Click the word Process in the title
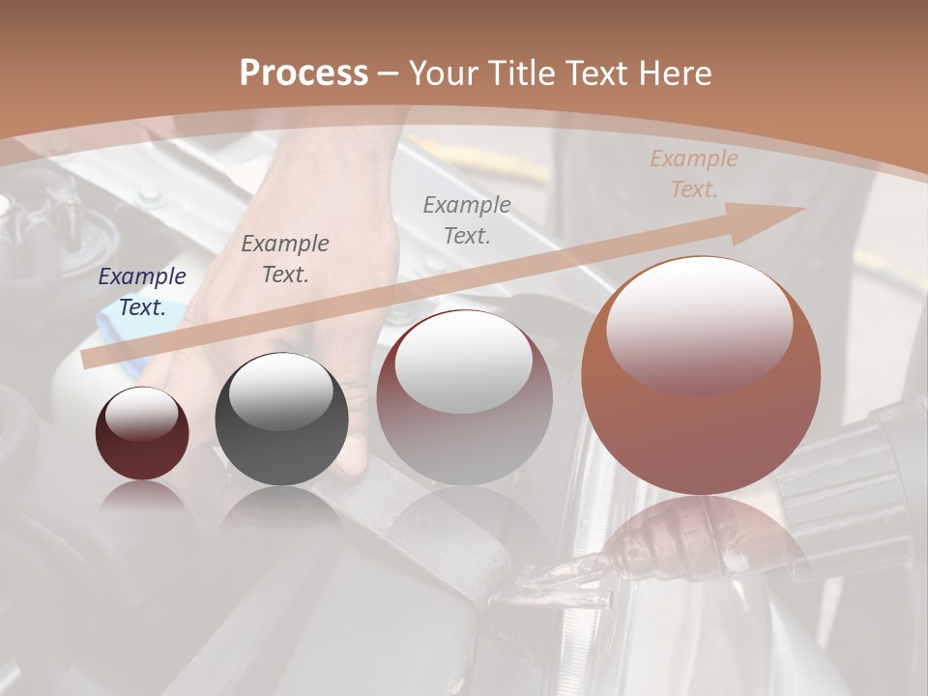304,73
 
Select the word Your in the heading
446,73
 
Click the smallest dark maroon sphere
142,433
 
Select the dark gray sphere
281,420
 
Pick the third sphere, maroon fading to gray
464,397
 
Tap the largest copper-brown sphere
701,376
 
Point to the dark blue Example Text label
142,292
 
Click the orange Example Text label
694,174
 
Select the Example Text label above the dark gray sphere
285,259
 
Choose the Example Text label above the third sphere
467,219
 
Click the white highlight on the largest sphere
699,324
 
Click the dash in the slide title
388,73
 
